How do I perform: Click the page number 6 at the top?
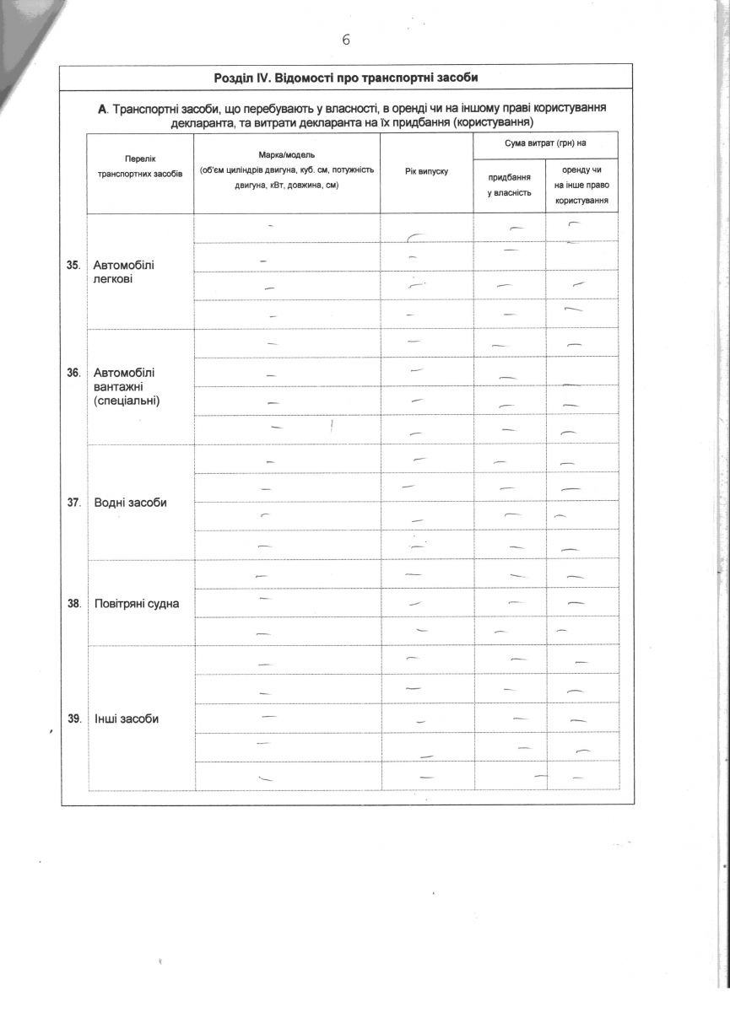(x=345, y=40)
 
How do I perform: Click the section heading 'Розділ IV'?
(x=346, y=78)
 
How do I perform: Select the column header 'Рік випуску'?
(x=426, y=171)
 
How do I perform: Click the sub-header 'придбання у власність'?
(x=509, y=185)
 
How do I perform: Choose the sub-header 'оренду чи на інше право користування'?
(x=581, y=186)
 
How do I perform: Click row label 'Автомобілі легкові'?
(x=124, y=272)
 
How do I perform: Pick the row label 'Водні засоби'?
(x=130, y=503)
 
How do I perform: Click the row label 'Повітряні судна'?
(x=137, y=604)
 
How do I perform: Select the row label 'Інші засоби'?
(x=127, y=719)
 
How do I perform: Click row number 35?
(x=73, y=265)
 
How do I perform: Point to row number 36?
(x=73, y=372)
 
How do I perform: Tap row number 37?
(x=73, y=503)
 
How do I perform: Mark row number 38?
(x=73, y=604)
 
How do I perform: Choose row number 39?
(x=73, y=719)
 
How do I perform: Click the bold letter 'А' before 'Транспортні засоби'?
(x=103, y=110)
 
